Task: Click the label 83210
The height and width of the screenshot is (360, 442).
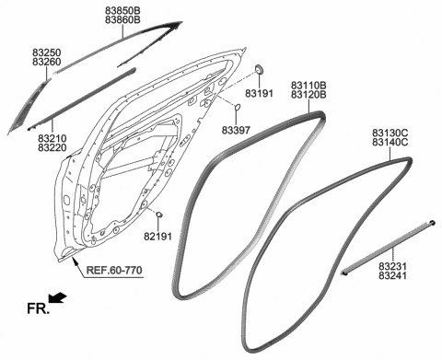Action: [x=52, y=138]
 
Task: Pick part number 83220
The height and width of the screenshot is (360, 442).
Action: [x=52, y=148]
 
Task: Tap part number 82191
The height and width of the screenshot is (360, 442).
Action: [x=158, y=238]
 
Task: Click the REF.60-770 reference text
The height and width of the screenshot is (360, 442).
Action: [x=114, y=271]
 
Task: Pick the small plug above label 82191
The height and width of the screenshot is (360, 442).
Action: [x=159, y=215]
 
